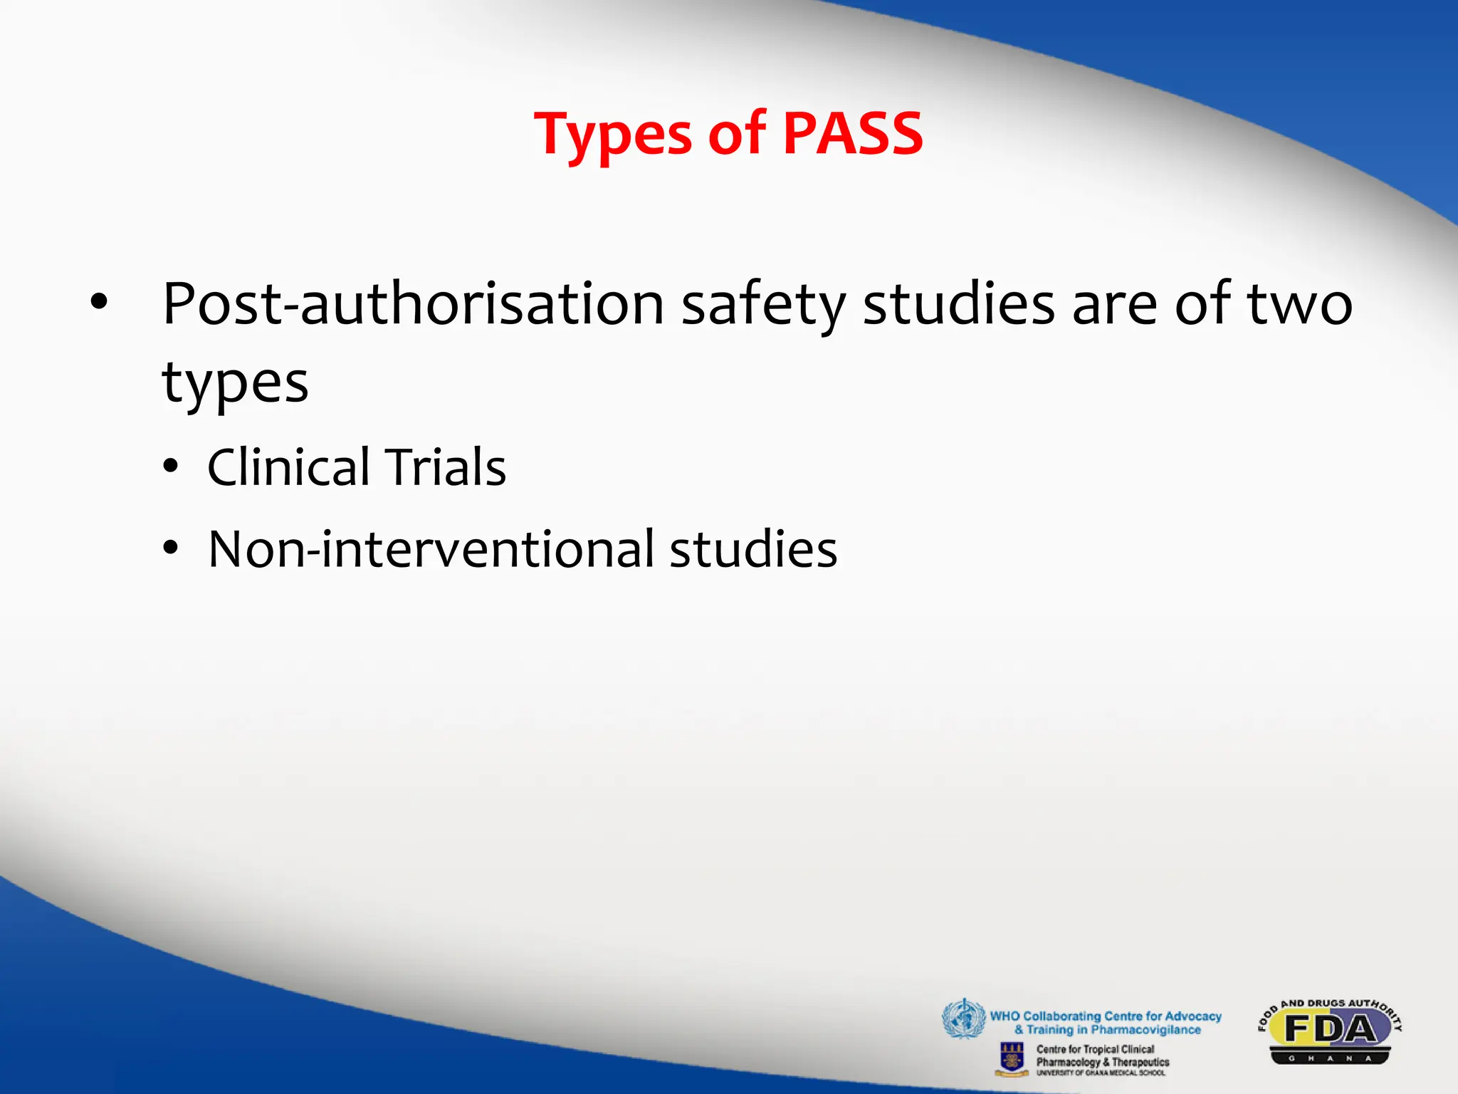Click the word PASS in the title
point(852,133)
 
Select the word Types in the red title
point(612,135)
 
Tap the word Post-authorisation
point(413,304)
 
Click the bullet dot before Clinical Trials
point(170,467)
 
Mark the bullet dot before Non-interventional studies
point(170,548)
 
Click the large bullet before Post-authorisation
point(99,303)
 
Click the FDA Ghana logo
point(1329,1032)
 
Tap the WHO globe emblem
point(963,1019)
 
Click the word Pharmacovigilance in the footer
point(1145,1030)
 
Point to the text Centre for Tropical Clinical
point(1095,1049)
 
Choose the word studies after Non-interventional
point(753,549)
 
